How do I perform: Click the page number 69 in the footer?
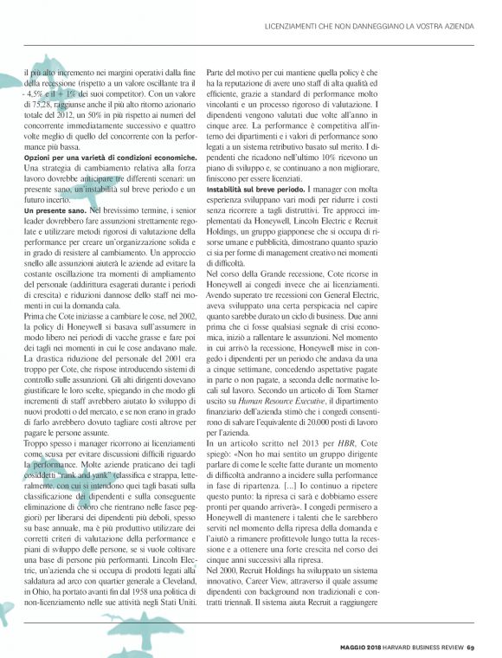pos(472,645)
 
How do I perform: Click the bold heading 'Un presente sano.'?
pos(52,210)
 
